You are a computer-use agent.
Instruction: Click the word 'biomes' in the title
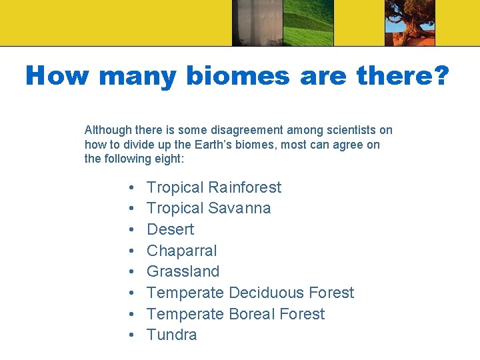[238, 76]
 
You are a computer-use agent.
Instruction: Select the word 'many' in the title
[137, 76]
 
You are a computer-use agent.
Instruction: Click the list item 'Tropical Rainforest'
[213, 187]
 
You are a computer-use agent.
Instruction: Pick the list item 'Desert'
[170, 229]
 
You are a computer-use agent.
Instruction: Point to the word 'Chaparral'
[181, 251]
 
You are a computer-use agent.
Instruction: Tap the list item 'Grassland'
[183, 271]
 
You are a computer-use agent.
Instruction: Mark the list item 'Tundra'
[171, 335]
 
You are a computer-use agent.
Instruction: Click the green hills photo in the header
[309, 23]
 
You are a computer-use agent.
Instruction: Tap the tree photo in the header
[410, 23]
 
